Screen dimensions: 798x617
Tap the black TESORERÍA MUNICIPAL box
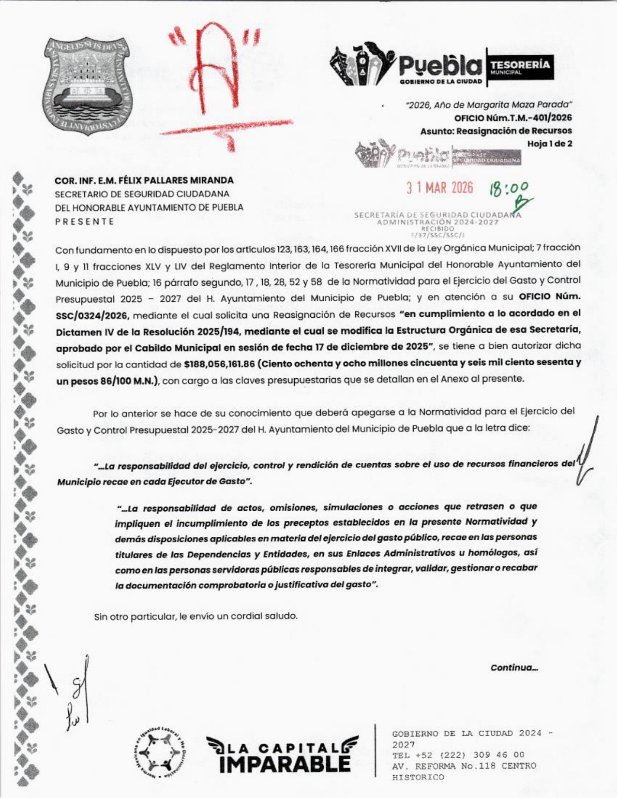coord(520,67)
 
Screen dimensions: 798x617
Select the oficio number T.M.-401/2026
coord(513,118)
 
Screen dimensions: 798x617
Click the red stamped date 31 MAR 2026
coord(439,188)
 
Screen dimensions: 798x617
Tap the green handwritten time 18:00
coord(509,189)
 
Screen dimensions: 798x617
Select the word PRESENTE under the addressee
coord(85,222)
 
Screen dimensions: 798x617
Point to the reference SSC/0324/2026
coord(92,316)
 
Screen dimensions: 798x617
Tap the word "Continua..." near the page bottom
coord(514,668)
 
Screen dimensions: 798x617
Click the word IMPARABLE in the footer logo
coord(285,765)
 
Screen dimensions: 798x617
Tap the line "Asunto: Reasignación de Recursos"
coord(496,131)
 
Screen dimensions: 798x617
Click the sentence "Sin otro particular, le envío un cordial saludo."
coord(196,617)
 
